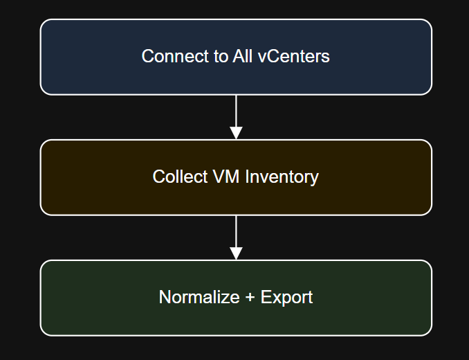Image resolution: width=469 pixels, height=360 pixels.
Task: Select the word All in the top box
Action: point(243,56)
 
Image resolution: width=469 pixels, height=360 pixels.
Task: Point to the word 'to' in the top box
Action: point(218,56)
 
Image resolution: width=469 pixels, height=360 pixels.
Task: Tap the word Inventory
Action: point(280,177)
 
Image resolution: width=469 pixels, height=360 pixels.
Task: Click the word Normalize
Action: point(196,297)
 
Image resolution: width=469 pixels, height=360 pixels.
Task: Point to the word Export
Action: point(286,297)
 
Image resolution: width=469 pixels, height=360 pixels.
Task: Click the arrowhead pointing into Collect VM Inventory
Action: point(236,132)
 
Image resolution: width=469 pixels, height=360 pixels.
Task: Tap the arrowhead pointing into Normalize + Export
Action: point(236,253)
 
